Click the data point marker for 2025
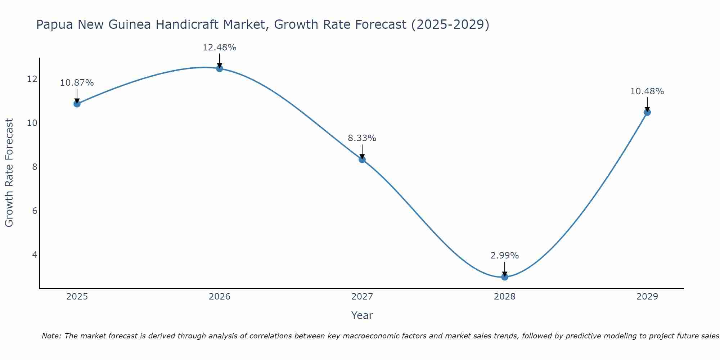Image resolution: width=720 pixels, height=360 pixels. pos(77,104)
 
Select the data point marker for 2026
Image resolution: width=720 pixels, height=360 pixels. pos(219,68)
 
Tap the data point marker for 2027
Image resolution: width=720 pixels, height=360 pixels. pos(362,159)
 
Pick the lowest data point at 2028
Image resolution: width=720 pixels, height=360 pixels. pos(504,277)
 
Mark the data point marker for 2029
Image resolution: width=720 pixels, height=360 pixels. pos(647,112)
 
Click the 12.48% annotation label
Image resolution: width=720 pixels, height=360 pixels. pos(219,48)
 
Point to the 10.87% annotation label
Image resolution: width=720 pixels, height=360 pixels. pos(77,83)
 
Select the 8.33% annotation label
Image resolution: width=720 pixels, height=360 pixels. pos(362,138)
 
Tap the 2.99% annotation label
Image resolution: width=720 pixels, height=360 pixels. pos(504,256)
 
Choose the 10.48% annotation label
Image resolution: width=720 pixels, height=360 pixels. pos(647,91)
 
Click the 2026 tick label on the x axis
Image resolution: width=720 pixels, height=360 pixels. pos(220,297)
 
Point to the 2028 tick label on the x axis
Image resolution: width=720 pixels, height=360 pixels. pos(504,297)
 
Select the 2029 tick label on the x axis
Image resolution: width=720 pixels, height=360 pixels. pos(647,297)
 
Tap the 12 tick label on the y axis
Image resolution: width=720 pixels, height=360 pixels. pos(32,79)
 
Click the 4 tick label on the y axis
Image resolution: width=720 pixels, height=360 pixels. pos(35,255)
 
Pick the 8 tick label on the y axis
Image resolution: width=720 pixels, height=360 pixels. pos(35,167)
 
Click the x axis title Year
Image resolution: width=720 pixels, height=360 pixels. pos(362,315)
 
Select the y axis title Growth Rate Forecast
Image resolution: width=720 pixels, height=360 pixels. pos(9,173)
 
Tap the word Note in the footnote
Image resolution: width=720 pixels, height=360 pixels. pos(51,336)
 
